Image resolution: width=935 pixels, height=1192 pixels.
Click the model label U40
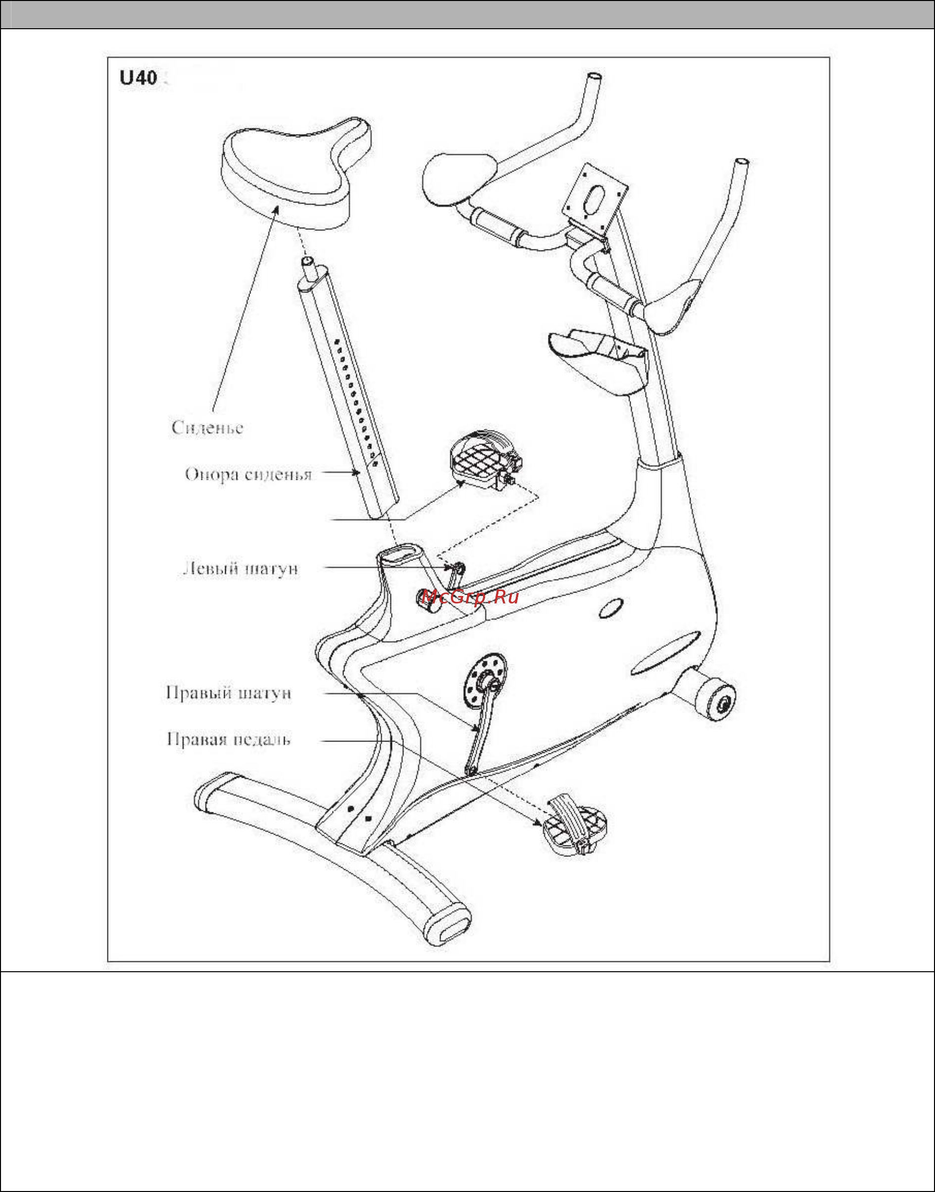click(138, 78)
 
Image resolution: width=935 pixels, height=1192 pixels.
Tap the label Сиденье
click(207, 428)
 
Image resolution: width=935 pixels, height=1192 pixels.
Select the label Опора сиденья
click(248, 474)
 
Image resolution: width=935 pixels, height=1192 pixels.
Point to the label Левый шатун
click(240, 569)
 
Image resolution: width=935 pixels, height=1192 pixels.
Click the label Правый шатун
click(228, 693)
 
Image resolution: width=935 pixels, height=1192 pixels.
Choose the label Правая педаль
click(228, 740)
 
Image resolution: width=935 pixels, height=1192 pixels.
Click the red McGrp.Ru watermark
click(470, 596)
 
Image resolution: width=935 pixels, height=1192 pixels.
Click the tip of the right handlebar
click(742, 163)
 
